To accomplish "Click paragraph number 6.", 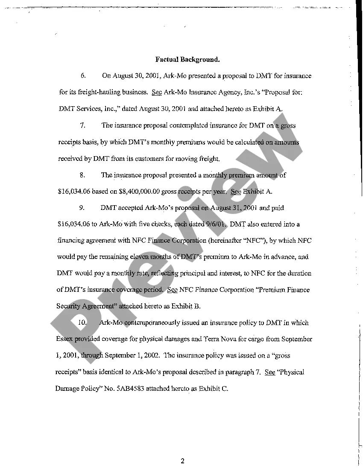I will pos(83,76).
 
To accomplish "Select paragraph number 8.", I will pos(83,175).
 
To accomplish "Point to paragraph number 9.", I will pos(83,208).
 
